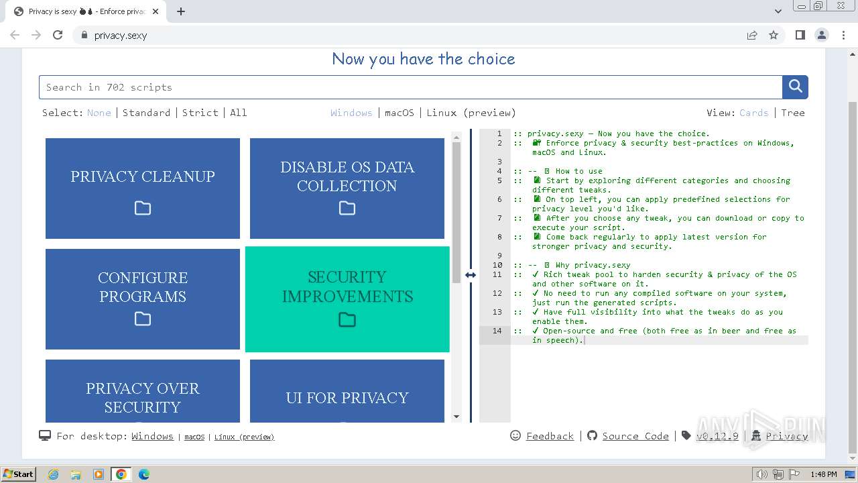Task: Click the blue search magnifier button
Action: pyautogui.click(x=795, y=87)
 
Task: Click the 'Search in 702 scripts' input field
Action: pyautogui.click(x=410, y=87)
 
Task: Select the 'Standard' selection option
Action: pyautogui.click(x=146, y=113)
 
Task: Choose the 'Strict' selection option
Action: pyautogui.click(x=200, y=113)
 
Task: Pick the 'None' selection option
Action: pyautogui.click(x=99, y=113)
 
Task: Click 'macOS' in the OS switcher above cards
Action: pyautogui.click(x=400, y=113)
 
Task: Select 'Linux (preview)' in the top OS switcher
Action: pyautogui.click(x=471, y=113)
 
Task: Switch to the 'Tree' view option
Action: pyautogui.click(x=792, y=113)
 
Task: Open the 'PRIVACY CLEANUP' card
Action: pyautogui.click(x=143, y=189)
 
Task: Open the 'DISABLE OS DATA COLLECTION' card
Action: pyautogui.click(x=347, y=189)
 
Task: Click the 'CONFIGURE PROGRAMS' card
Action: pyautogui.click(x=143, y=299)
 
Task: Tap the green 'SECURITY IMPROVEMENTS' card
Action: pyautogui.click(x=347, y=299)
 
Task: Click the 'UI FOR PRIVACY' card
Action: pyautogui.click(x=347, y=396)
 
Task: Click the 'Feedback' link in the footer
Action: pyautogui.click(x=550, y=436)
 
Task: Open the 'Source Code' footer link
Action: pyautogui.click(x=635, y=436)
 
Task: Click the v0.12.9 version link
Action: pyautogui.click(x=717, y=436)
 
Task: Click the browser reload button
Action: pyautogui.click(x=58, y=35)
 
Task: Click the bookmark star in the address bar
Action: pyautogui.click(x=774, y=35)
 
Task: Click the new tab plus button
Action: pyautogui.click(x=181, y=11)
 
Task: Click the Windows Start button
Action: pyautogui.click(x=19, y=474)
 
